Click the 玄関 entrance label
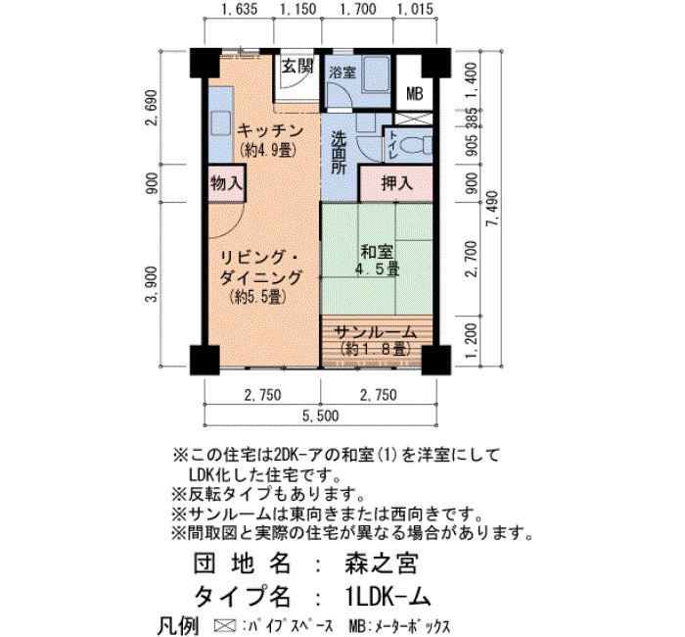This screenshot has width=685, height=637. point(297,67)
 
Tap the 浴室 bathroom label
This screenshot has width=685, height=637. point(342,73)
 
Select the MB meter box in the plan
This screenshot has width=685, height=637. point(414,94)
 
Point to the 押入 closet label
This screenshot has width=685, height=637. point(396,183)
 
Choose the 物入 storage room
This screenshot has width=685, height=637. point(226,183)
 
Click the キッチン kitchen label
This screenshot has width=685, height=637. point(270,130)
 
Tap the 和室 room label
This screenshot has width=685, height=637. point(377,252)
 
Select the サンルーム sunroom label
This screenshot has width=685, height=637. point(375,332)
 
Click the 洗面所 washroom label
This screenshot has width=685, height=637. point(339,153)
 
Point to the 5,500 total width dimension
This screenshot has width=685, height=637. point(321,416)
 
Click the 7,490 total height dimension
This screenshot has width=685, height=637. point(493,208)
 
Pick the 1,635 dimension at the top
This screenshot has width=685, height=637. point(239,9)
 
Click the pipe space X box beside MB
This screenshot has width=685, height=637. point(413,119)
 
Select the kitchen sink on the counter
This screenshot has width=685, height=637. point(220,123)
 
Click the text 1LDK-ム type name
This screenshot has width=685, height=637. point(388,596)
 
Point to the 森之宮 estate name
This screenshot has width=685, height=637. point(382,563)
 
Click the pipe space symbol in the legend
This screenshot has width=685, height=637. point(225,625)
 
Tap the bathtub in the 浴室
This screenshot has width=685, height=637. point(375,73)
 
